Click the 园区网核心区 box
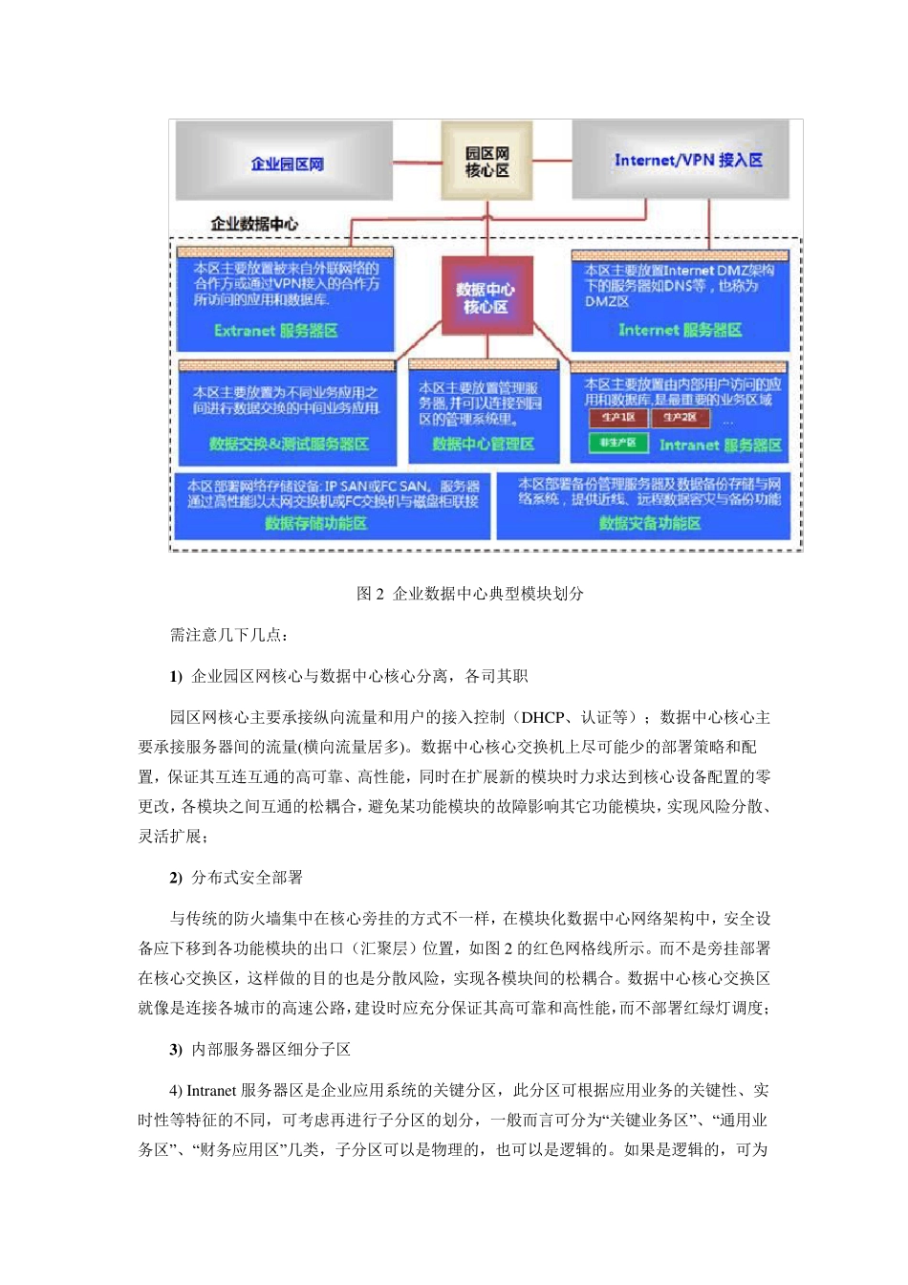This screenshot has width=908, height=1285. (x=486, y=162)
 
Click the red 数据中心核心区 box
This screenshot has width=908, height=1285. (x=486, y=296)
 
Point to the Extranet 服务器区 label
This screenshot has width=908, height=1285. (x=275, y=331)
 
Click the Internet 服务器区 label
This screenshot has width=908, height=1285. (x=680, y=330)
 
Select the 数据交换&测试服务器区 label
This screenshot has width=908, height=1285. (x=289, y=444)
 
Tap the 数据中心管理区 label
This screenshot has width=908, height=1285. (x=483, y=444)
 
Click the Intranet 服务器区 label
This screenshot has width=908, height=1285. (x=720, y=445)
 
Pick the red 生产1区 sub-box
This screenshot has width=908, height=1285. (x=617, y=418)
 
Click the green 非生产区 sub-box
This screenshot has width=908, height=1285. (x=617, y=443)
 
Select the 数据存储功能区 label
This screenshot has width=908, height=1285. (x=315, y=523)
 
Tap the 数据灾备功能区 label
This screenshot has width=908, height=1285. (x=649, y=523)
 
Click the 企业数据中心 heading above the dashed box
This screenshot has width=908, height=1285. (x=254, y=224)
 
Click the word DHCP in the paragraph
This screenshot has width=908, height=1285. (x=542, y=717)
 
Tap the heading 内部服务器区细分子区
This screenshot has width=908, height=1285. (x=270, y=1049)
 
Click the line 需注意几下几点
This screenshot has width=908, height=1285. (x=228, y=635)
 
